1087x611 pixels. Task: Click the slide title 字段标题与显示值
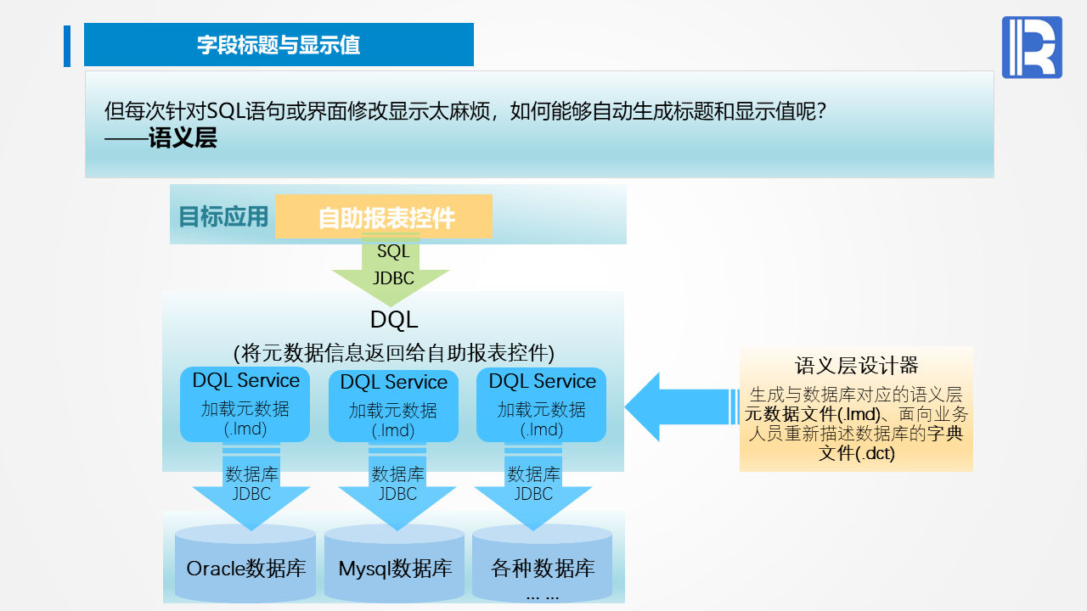(x=279, y=45)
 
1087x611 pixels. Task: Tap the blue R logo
(x=1031, y=48)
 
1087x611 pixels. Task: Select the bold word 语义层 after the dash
(x=183, y=137)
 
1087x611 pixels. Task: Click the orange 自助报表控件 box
(x=384, y=217)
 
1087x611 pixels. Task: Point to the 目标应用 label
(x=222, y=216)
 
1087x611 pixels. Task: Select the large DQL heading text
(x=394, y=320)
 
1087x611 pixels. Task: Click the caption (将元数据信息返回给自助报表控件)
(x=394, y=351)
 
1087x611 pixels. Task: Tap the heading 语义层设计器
(x=856, y=366)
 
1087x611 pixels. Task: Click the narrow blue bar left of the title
(x=67, y=46)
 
